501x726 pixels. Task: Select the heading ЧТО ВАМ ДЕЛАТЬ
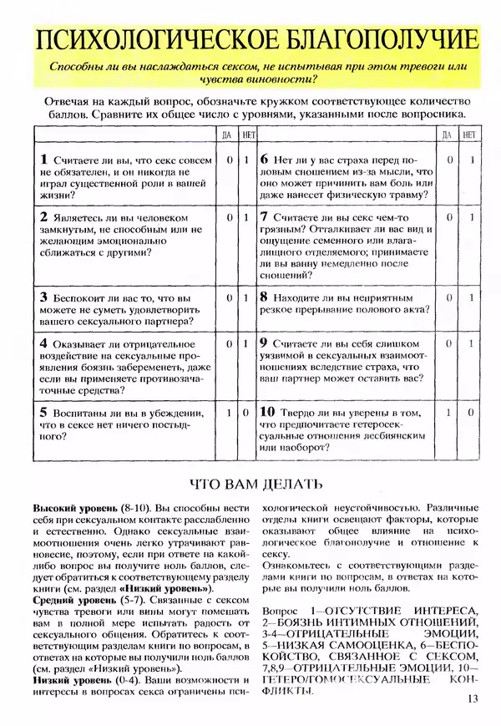point(251,484)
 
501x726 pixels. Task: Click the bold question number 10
point(266,412)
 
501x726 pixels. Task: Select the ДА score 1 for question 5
point(228,413)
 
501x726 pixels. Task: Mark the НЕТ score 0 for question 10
point(471,413)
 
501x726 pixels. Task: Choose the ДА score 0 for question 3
point(228,297)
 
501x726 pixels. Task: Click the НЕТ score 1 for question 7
point(471,217)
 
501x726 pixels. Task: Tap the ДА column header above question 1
point(227,134)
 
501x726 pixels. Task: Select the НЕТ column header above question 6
point(470,134)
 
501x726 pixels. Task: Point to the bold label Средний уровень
point(68,600)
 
